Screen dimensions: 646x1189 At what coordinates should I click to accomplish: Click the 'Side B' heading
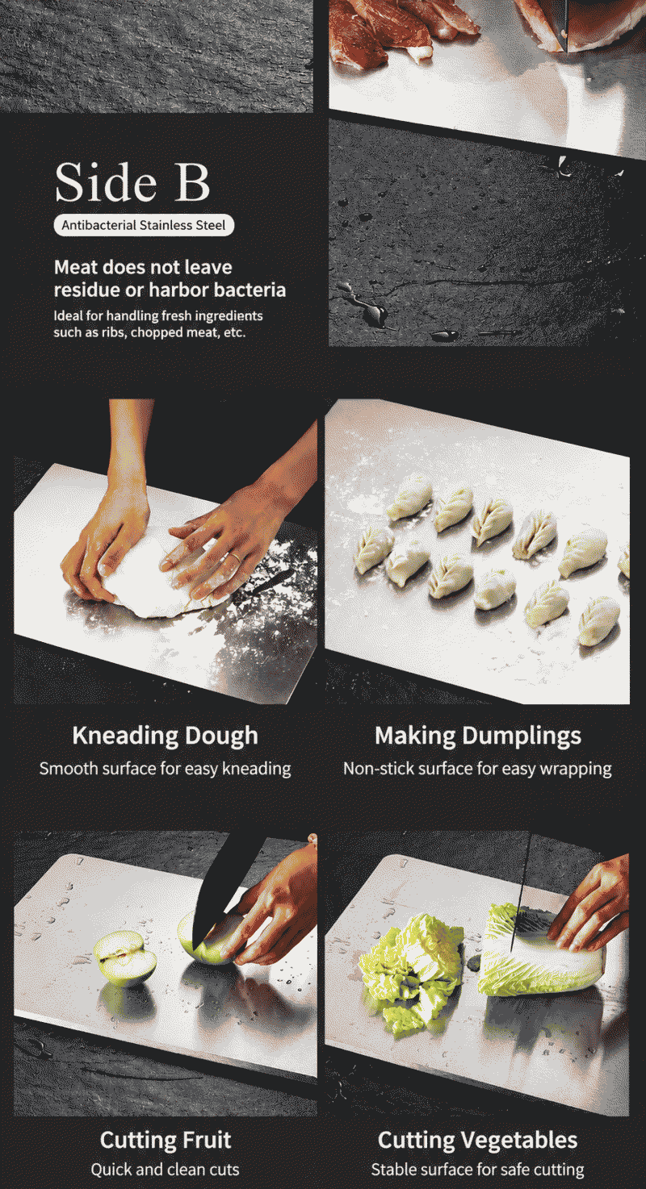tap(132, 182)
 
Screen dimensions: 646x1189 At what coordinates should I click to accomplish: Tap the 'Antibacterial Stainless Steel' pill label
tap(144, 225)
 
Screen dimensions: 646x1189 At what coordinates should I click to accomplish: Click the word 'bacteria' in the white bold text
tap(252, 290)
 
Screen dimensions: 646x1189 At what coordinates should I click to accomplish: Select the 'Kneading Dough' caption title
tap(166, 736)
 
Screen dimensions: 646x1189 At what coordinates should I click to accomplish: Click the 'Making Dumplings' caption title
tap(477, 736)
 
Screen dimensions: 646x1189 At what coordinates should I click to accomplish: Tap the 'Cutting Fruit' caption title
tap(166, 1140)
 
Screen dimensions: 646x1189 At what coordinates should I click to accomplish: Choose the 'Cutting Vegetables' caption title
tap(477, 1140)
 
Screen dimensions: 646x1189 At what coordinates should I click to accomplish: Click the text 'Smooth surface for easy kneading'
tap(166, 769)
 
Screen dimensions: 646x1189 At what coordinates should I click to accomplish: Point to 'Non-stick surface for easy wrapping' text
tap(477, 769)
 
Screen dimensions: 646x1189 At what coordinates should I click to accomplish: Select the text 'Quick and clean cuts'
tap(166, 1170)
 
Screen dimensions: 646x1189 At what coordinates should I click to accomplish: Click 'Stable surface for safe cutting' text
tap(477, 1170)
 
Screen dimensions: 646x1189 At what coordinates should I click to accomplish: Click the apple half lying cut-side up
tap(125, 958)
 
